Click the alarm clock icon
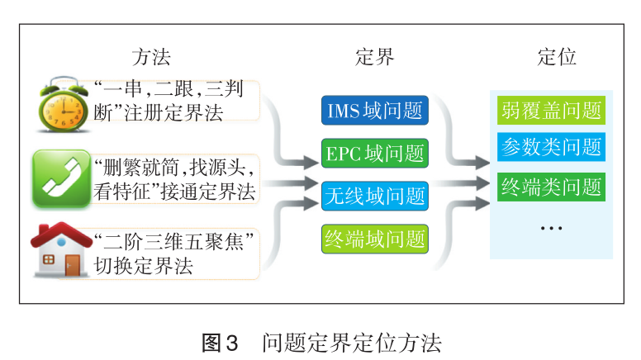[x=63, y=103]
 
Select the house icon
[x=60, y=250]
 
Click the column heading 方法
[x=151, y=57]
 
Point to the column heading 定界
[x=374, y=57]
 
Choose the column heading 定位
[x=556, y=57]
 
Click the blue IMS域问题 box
[x=375, y=111]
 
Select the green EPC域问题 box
[x=375, y=153]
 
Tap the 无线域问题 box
[x=375, y=196]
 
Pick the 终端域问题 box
[x=375, y=239]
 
